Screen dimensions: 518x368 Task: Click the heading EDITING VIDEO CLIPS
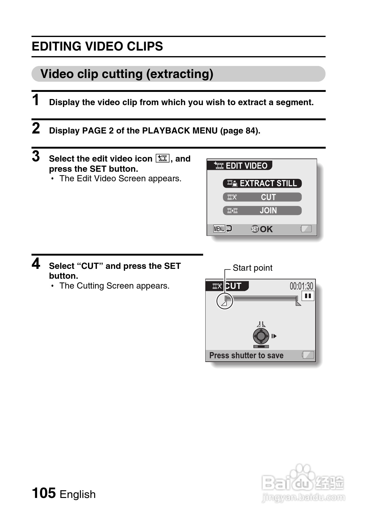97,47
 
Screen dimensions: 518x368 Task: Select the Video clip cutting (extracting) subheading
127,74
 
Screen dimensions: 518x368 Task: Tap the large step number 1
36,100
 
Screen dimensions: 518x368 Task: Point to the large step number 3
36,156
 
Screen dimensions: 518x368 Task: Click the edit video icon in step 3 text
162,158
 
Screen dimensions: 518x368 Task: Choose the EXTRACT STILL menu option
262,183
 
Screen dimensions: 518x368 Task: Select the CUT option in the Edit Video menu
262,197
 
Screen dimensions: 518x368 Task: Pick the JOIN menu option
262,211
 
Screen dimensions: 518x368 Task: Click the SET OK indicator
262,229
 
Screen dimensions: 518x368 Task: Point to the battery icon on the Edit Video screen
306,229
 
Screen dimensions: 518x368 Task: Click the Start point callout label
252,268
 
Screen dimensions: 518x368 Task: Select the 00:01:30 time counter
301,286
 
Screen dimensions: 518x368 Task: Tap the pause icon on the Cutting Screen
307,296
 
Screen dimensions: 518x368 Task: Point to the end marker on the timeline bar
298,301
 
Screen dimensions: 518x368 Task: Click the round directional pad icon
261,336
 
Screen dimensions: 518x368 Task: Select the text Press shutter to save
246,356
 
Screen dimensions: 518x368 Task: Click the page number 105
44,493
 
